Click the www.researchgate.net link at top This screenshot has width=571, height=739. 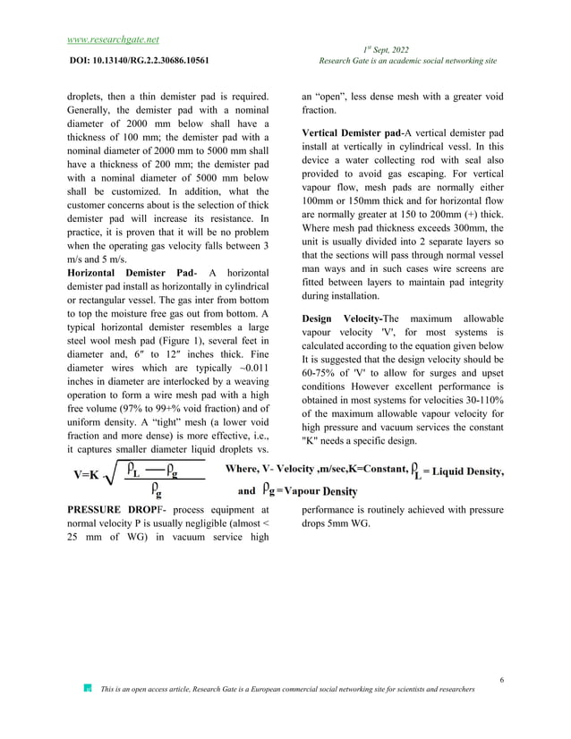tap(114, 39)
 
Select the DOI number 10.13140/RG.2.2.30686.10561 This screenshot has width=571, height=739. tap(158, 61)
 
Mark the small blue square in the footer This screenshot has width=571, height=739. tap(87, 689)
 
